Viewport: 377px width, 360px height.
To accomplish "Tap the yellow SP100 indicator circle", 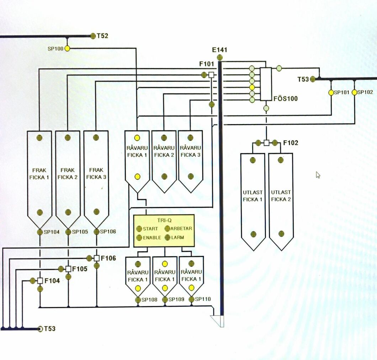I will [67, 48].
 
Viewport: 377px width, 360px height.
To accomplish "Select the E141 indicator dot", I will [220, 57].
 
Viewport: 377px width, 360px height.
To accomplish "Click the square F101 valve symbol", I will [211, 75].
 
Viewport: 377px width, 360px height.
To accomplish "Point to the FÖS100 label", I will [285, 98].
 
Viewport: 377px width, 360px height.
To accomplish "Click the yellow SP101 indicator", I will [331, 92].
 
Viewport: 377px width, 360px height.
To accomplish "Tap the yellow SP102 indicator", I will [354, 92].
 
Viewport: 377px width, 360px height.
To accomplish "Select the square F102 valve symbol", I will [266, 143].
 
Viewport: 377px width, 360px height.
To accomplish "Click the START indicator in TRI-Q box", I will [139, 229].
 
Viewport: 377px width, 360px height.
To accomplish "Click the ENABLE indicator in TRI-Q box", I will [139, 237].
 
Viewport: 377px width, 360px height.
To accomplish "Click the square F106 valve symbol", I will [96, 258].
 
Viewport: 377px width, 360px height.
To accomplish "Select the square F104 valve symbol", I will [40, 281].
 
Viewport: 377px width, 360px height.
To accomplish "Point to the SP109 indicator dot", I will [165, 300].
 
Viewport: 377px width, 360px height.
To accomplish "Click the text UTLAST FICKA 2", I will [281, 196].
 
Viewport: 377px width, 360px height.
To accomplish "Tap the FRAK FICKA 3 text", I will [96, 173].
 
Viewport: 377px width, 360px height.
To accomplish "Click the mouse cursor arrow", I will [318, 174].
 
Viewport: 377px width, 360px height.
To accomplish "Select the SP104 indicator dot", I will [40, 232].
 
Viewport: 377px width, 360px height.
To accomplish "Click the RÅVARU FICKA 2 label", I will [164, 151].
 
